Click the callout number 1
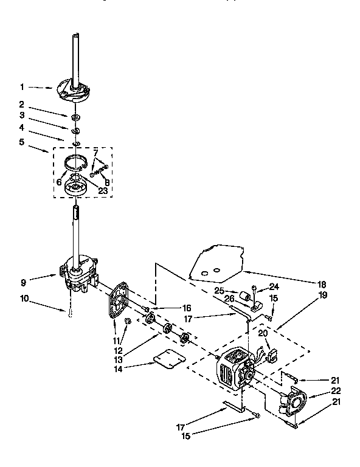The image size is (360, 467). click(22, 87)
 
